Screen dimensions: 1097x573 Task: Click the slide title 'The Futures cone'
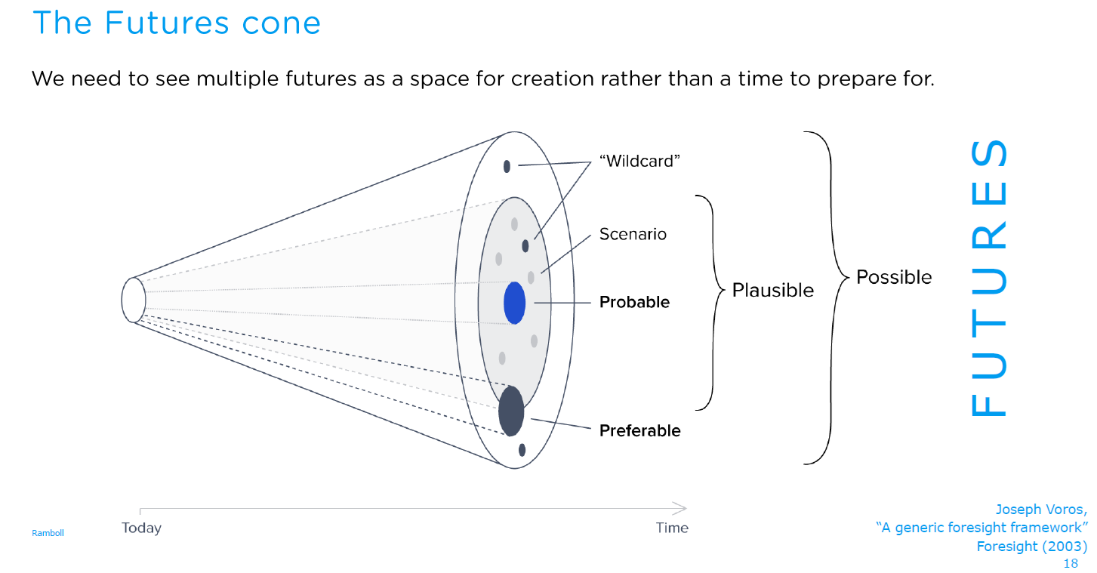coord(177,23)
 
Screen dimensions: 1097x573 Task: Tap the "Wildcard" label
coord(639,161)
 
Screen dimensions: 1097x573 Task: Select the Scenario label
coord(633,234)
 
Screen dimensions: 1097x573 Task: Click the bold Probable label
coord(634,302)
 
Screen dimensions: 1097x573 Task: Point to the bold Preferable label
coord(639,430)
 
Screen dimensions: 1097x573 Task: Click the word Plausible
coord(773,291)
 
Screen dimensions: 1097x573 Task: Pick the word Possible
coord(894,277)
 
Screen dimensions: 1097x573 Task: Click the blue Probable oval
coord(514,303)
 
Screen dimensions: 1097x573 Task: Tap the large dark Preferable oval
coord(511,411)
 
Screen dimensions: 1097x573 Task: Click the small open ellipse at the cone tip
coord(122,300)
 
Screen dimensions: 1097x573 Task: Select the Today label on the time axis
coord(141,528)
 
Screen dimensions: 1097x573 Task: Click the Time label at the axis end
coord(672,528)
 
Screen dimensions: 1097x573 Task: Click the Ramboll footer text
coord(48,533)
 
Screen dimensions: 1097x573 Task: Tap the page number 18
coord(1071,563)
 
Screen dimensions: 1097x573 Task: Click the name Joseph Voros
coord(1040,510)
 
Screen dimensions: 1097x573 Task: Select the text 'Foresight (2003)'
coord(1032,546)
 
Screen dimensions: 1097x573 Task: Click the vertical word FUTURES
coord(989,278)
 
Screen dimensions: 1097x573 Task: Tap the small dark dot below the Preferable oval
coord(522,450)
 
